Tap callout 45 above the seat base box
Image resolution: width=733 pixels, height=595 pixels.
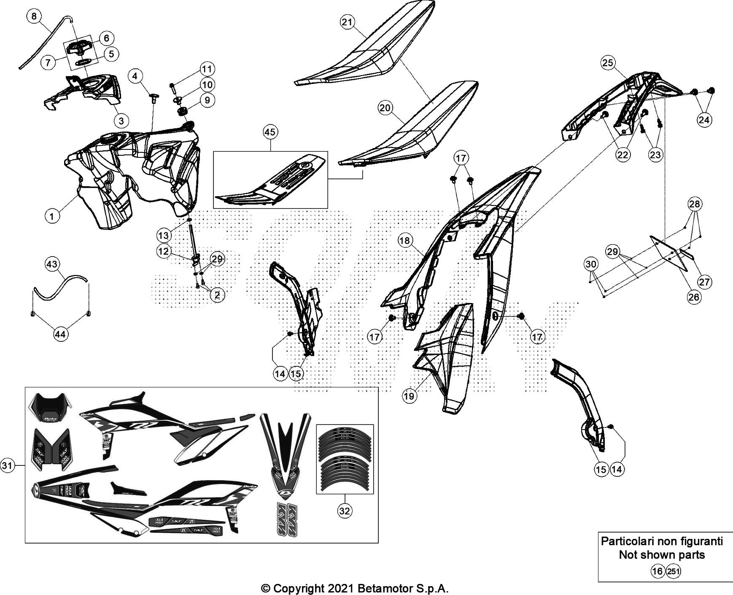tap(269, 133)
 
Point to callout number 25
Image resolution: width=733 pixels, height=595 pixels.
tap(607, 63)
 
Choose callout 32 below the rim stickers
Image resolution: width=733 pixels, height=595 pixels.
tap(345, 511)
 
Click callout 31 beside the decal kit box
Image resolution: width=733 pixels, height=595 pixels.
tap(7, 465)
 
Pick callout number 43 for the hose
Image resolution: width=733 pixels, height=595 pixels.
tap(51, 265)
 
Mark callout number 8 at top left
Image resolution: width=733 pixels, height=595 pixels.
tap(34, 16)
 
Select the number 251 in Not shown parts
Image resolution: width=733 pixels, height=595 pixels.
tap(673, 572)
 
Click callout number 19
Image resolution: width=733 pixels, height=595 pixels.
tap(410, 395)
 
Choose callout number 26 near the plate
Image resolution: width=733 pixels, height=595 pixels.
tap(693, 297)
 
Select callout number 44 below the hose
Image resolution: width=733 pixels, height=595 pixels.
tap(61, 334)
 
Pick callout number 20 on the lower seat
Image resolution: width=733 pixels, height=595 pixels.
tap(385, 108)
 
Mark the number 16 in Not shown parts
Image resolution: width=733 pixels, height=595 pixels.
tap(657, 572)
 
